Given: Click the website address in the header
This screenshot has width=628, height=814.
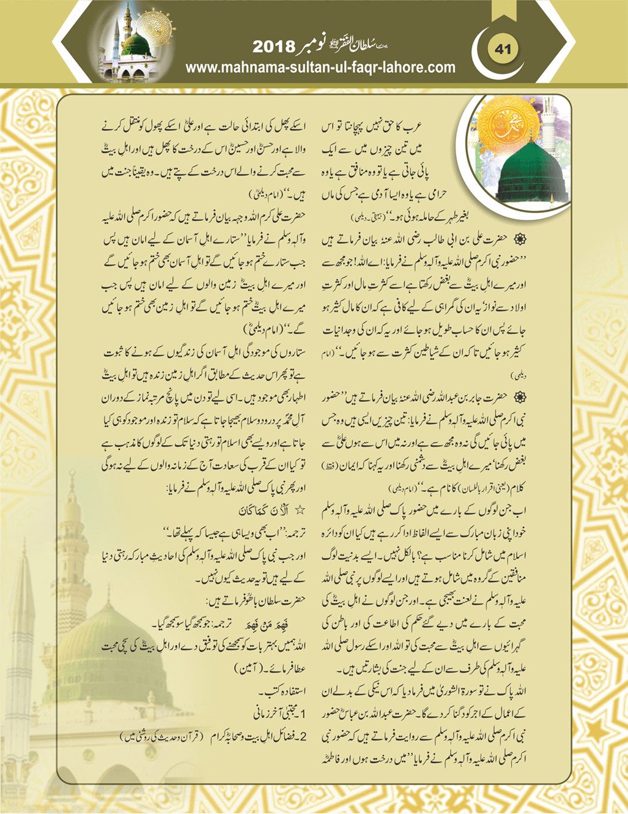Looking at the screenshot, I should [x=320, y=67].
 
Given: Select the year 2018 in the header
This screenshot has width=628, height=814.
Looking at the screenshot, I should [x=274, y=47].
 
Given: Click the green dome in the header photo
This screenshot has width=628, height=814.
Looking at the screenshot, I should [x=136, y=45].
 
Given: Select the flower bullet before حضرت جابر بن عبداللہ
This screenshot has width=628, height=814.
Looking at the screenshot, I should [x=520, y=398].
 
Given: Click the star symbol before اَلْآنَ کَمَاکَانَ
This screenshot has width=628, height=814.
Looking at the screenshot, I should [x=300, y=509].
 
